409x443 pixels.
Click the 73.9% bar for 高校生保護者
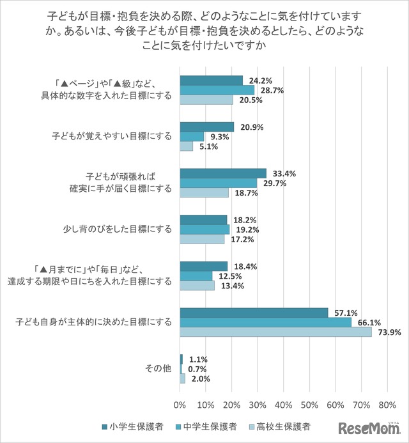click(275, 332)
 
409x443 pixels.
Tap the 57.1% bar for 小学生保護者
click(254, 313)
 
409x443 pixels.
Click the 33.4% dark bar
click(223, 173)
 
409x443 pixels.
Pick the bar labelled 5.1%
click(187, 146)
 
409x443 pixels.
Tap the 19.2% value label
click(242, 229)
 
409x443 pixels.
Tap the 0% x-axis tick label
click(180, 405)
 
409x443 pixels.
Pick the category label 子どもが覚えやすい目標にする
click(112, 136)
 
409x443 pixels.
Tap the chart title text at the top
click(204, 30)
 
